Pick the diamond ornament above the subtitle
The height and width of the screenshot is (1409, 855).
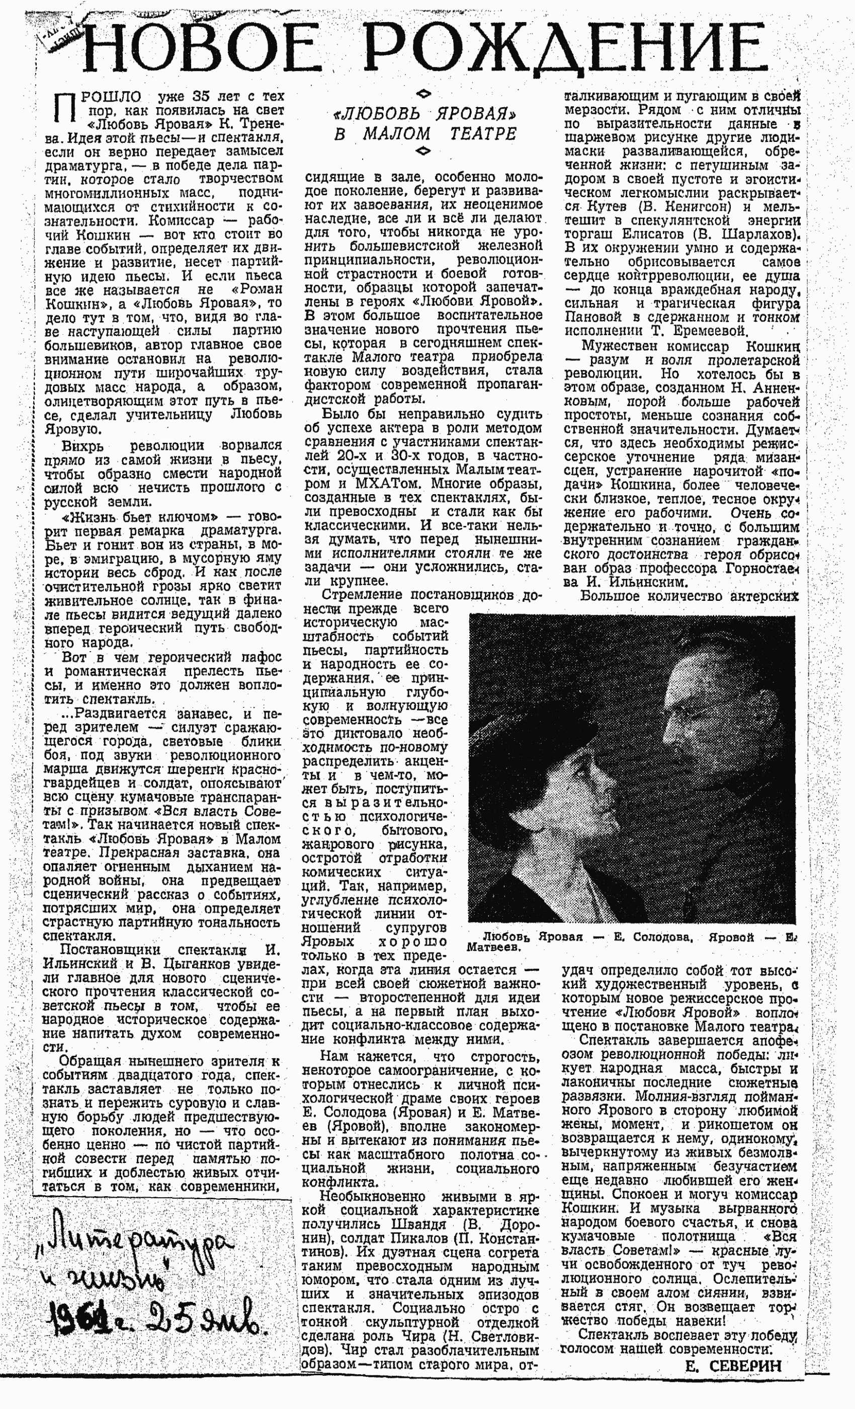[x=423, y=93]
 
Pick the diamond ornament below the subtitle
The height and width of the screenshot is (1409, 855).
[x=423, y=151]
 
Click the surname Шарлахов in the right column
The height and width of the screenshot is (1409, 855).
[x=766, y=234]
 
